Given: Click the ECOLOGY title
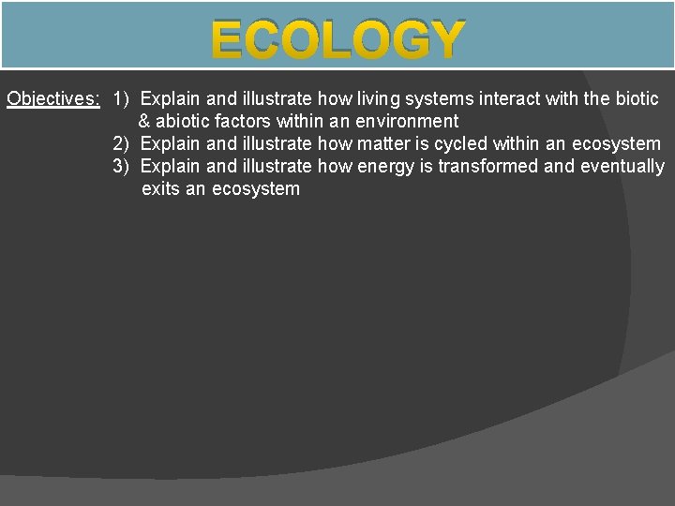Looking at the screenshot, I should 337,40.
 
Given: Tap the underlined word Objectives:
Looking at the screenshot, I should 53,98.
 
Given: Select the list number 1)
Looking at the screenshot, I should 122,98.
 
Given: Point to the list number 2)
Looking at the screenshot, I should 122,143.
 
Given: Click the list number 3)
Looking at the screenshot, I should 122,166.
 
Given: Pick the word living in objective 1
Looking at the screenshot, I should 378,98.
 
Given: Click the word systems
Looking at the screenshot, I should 439,98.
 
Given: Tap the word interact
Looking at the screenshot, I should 511,98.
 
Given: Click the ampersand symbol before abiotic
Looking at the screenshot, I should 144,121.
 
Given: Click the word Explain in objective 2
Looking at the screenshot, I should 170,143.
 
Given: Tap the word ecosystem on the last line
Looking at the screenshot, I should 256,188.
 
